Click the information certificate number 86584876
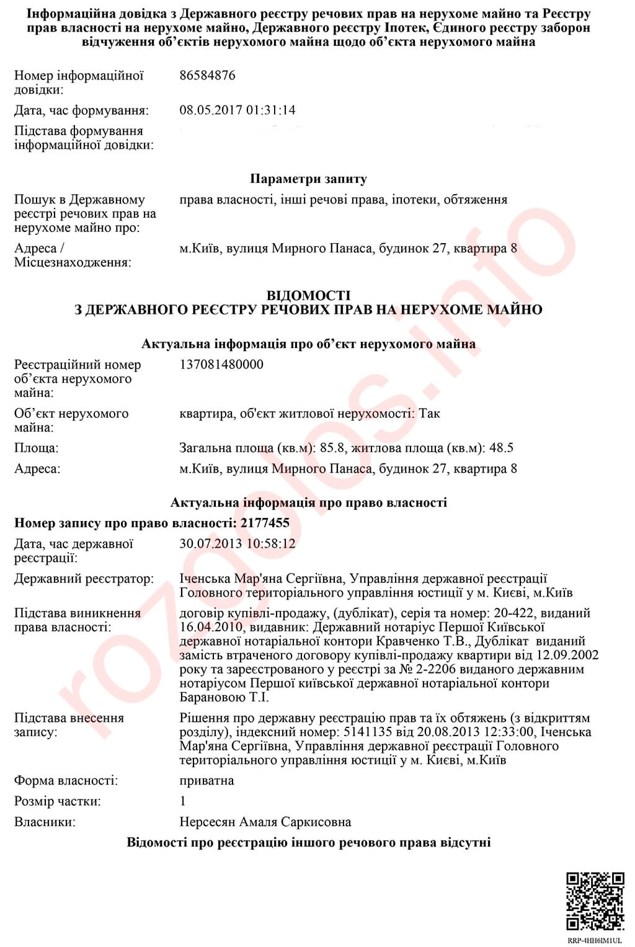(207, 76)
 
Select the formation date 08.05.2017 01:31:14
(238, 110)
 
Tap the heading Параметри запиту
(308, 179)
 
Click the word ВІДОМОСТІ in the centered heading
(308, 296)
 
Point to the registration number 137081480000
(221, 365)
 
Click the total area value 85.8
(331, 448)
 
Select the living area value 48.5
(501, 448)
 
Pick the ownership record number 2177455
(265, 523)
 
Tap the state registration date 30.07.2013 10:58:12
(238, 544)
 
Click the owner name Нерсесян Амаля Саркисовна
(265, 822)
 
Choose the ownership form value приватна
(206, 781)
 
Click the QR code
(595, 902)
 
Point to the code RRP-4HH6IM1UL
(595, 941)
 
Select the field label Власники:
(45, 822)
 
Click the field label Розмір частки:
(58, 801)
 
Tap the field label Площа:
(37, 448)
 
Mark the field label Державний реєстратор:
(84, 579)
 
